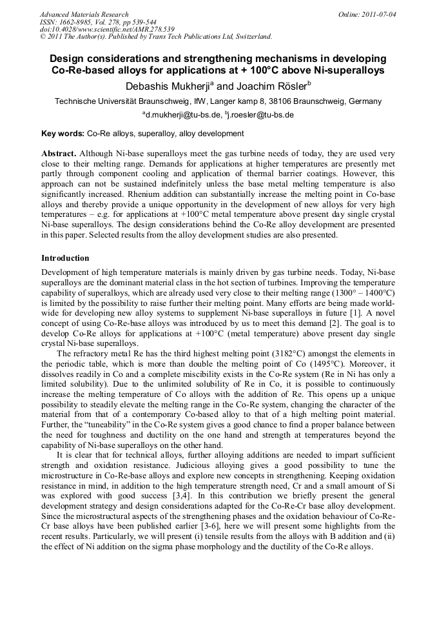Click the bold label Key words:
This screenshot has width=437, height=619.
(x=63, y=134)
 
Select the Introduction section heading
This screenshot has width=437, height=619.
(x=65, y=258)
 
